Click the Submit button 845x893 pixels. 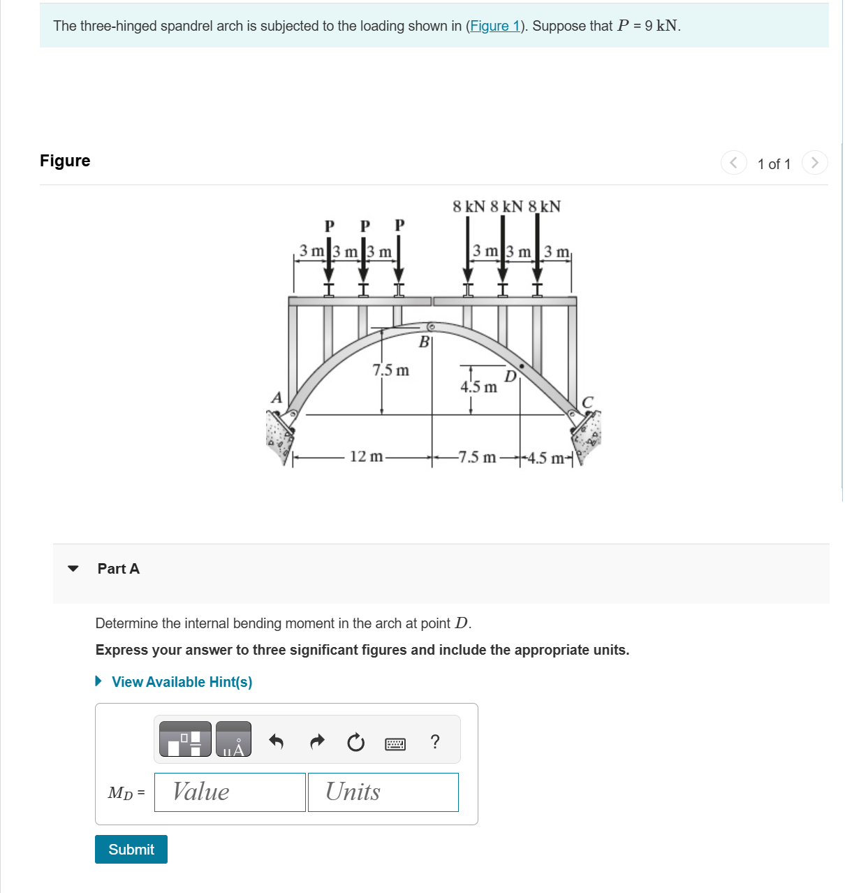click(x=131, y=849)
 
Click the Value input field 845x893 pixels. click(x=230, y=792)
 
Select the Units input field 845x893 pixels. click(x=383, y=792)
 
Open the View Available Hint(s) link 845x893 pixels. click(x=182, y=682)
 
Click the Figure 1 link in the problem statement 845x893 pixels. click(x=495, y=26)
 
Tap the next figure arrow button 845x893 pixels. click(x=814, y=163)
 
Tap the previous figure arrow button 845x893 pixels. click(x=733, y=163)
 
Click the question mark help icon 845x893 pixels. click(x=435, y=741)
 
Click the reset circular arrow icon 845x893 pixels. click(x=355, y=742)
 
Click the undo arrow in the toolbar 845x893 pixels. click(x=276, y=741)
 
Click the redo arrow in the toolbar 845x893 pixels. click(x=317, y=741)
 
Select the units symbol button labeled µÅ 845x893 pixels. click(x=233, y=739)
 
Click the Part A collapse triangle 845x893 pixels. click(x=73, y=568)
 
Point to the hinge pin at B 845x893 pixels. click(x=432, y=326)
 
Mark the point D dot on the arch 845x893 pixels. click(x=521, y=365)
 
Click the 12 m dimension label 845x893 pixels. click(x=366, y=457)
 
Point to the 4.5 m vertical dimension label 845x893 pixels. click(x=479, y=386)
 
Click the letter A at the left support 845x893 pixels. click(x=277, y=398)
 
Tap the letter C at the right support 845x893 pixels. click(x=587, y=402)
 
